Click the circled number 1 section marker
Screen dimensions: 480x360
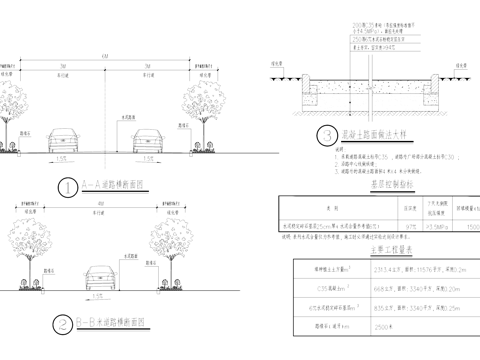tap(65, 187)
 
